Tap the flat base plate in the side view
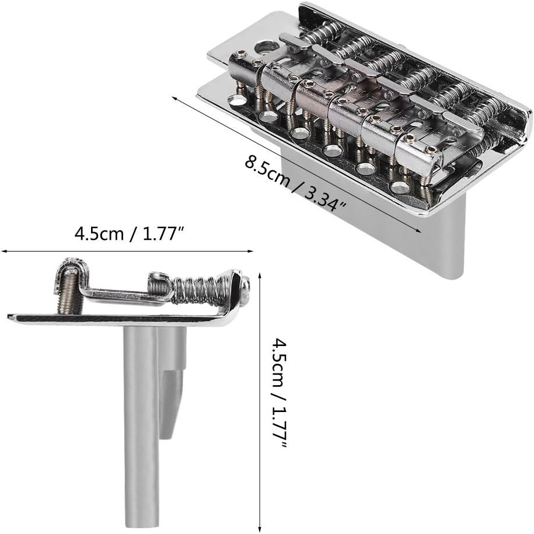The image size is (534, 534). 117,319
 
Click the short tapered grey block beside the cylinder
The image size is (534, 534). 173,403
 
